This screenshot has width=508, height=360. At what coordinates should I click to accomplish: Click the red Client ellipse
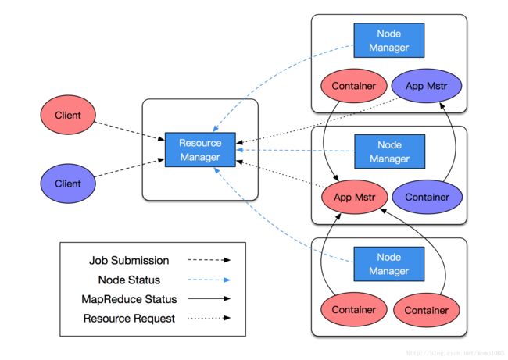tap(68, 115)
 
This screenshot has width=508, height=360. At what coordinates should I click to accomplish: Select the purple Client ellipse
tap(68, 184)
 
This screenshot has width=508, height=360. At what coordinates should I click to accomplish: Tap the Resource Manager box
tap(200, 150)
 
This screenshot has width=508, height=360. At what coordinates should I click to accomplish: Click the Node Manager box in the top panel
tap(388, 41)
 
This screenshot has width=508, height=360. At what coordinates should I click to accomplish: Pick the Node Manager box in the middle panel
tap(390, 151)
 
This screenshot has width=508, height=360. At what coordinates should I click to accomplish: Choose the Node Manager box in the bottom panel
tap(388, 264)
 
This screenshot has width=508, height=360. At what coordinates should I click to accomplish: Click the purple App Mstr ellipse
tap(427, 86)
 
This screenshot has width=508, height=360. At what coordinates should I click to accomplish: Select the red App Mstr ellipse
tap(355, 197)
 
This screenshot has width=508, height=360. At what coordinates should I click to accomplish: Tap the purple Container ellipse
tap(427, 197)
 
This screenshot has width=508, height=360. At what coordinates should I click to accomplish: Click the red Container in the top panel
tap(354, 86)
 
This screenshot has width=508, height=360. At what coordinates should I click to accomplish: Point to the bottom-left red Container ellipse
tap(354, 310)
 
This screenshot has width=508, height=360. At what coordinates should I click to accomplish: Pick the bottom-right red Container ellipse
tap(427, 310)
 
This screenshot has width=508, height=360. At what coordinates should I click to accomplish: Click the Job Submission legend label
tap(129, 260)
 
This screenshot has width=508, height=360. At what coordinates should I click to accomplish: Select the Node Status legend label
tap(129, 280)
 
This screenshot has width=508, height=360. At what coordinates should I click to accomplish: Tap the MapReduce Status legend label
tap(129, 299)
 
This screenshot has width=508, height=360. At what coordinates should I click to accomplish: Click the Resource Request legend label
tap(129, 319)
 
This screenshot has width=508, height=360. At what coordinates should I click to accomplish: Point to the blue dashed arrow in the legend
tap(209, 280)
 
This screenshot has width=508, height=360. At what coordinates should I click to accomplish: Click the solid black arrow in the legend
tap(209, 298)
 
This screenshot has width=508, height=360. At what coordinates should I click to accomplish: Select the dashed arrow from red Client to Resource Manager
tap(129, 130)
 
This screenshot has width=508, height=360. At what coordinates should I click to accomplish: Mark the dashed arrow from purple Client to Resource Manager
tap(129, 168)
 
